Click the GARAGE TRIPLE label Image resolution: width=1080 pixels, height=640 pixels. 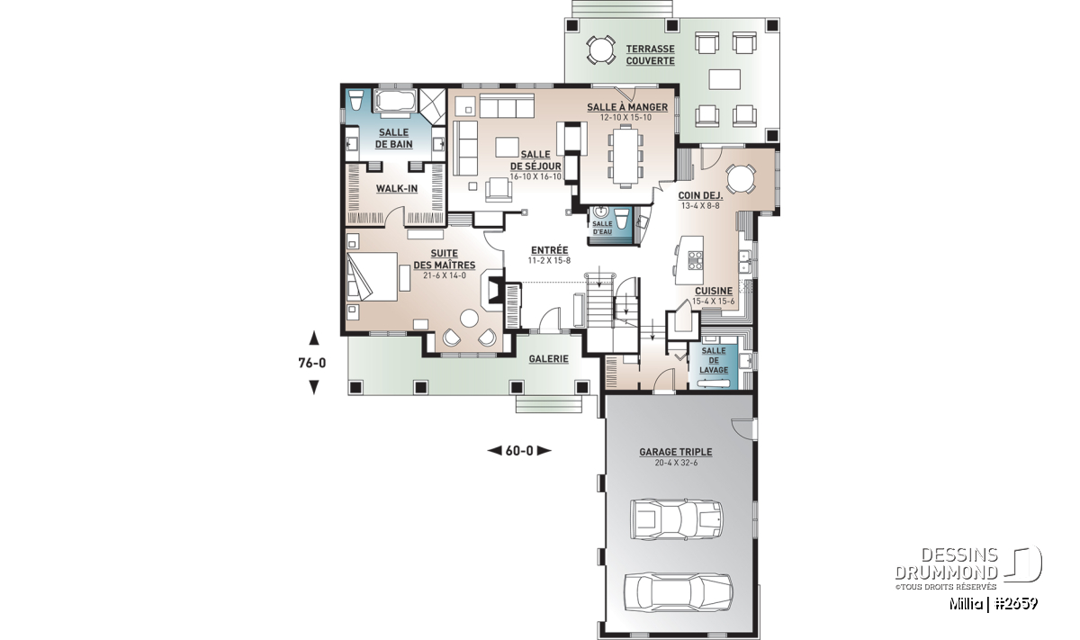[x=676, y=452]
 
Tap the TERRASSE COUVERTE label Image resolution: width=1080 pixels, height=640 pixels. [x=650, y=55]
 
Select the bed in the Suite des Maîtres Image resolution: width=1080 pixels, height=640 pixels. [x=372, y=277]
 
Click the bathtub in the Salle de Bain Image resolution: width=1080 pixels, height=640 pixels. [x=394, y=102]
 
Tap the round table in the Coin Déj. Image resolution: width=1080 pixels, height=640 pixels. [x=741, y=178]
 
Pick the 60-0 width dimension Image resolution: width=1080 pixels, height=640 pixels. [x=519, y=451]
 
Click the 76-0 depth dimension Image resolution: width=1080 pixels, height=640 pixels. [x=313, y=363]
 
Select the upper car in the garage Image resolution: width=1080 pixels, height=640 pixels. [x=676, y=519]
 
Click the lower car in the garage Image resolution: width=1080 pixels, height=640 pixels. [x=679, y=592]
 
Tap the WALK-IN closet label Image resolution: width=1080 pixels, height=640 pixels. [x=396, y=188]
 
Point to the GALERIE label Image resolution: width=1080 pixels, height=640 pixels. [x=548, y=359]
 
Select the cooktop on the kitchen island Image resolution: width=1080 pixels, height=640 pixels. [x=695, y=260]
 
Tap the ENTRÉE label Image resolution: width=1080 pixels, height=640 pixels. [x=549, y=250]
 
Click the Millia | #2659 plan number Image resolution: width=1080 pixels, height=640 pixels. [x=994, y=604]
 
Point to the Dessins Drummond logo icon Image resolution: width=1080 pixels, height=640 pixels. [x=1023, y=563]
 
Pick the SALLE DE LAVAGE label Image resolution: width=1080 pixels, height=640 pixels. [x=714, y=360]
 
